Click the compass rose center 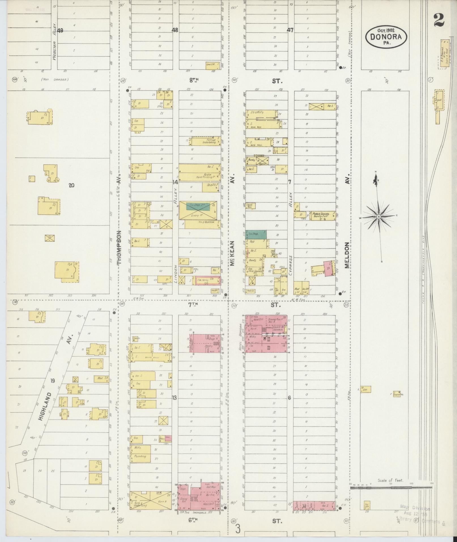379,217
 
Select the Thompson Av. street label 119,247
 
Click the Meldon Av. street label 347,255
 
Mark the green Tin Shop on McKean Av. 256,233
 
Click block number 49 60,31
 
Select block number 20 71,185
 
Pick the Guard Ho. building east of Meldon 397,394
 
